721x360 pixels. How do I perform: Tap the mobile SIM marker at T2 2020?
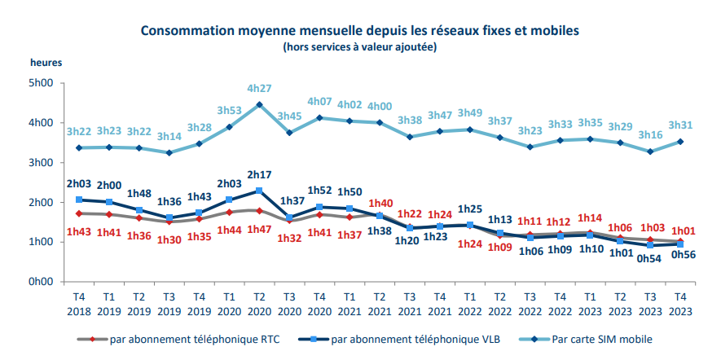click(259, 104)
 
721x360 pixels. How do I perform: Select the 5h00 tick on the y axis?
click(40, 83)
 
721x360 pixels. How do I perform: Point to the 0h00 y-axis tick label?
click(40, 282)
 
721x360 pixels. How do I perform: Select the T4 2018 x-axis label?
click(79, 304)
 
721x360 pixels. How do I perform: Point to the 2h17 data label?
click(259, 175)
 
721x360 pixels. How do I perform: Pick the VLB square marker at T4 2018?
click(79, 200)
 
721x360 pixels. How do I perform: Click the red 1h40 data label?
click(380, 204)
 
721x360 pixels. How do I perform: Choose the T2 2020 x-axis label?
click(259, 304)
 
